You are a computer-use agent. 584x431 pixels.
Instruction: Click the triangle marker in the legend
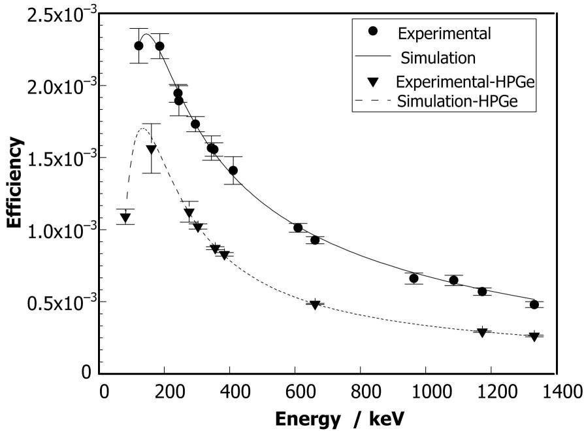[372, 82]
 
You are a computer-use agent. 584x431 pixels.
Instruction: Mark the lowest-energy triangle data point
[125, 218]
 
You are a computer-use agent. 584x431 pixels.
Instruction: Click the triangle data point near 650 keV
[315, 305]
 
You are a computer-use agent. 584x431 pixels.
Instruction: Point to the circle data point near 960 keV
[414, 279]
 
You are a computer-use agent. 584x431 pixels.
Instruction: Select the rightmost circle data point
[534, 305]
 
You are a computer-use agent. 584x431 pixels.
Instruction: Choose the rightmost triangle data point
[534, 337]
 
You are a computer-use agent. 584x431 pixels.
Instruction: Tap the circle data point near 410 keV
[233, 171]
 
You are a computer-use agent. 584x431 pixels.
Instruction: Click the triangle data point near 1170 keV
[482, 332]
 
